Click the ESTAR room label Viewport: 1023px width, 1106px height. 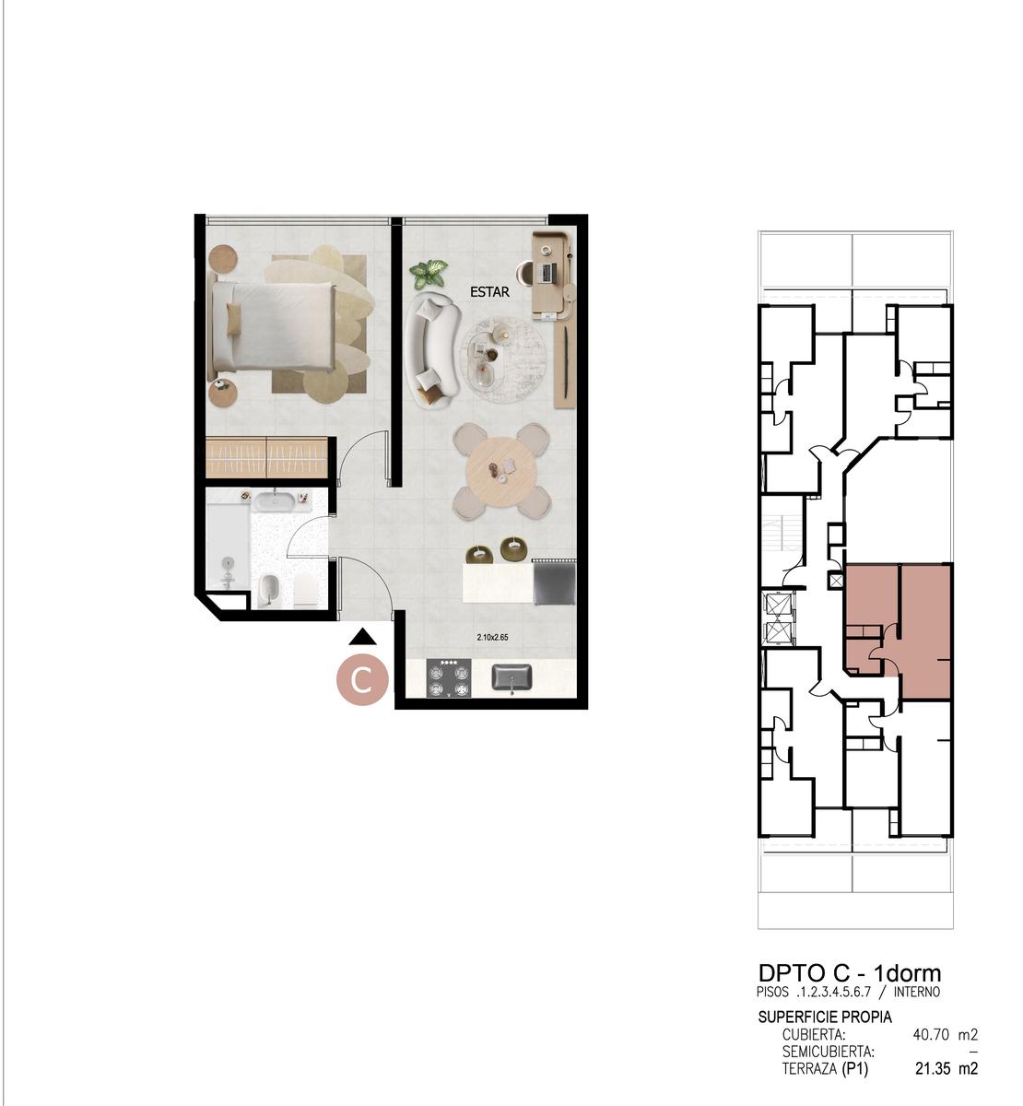point(489,292)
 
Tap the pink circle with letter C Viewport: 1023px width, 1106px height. point(362,679)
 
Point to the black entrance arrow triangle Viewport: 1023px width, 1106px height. point(362,637)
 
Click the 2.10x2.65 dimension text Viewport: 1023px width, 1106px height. point(493,638)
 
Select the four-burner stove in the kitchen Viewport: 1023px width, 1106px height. point(449,677)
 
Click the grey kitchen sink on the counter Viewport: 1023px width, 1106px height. point(511,678)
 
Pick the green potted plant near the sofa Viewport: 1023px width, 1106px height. point(429,275)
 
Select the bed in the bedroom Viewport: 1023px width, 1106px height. point(273,326)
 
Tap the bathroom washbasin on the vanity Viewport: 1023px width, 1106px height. point(275,500)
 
